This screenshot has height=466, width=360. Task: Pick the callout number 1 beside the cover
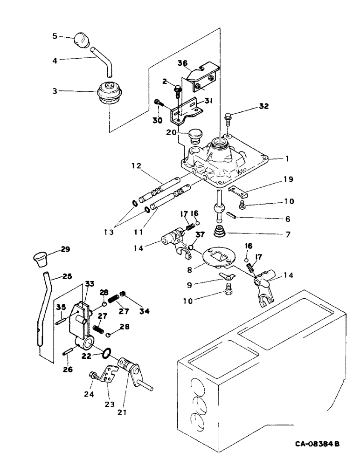pyautogui.click(x=288, y=158)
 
